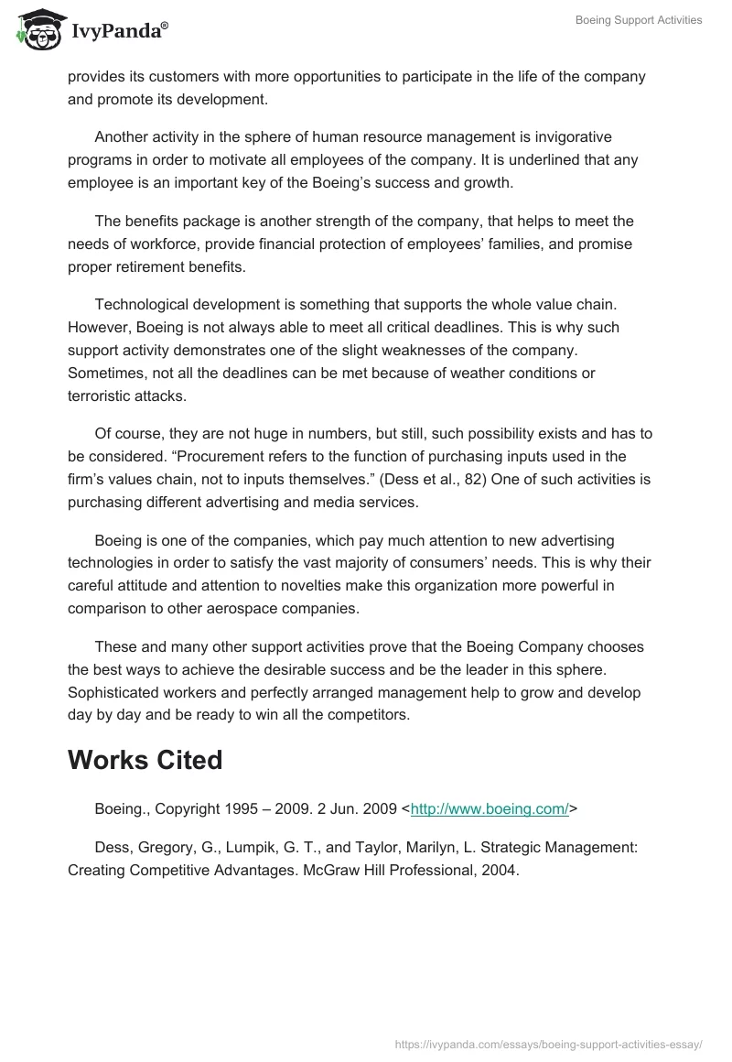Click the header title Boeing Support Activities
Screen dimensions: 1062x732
639,20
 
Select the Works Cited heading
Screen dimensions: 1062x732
145,760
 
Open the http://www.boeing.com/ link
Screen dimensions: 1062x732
490,808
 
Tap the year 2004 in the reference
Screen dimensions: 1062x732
502,870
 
